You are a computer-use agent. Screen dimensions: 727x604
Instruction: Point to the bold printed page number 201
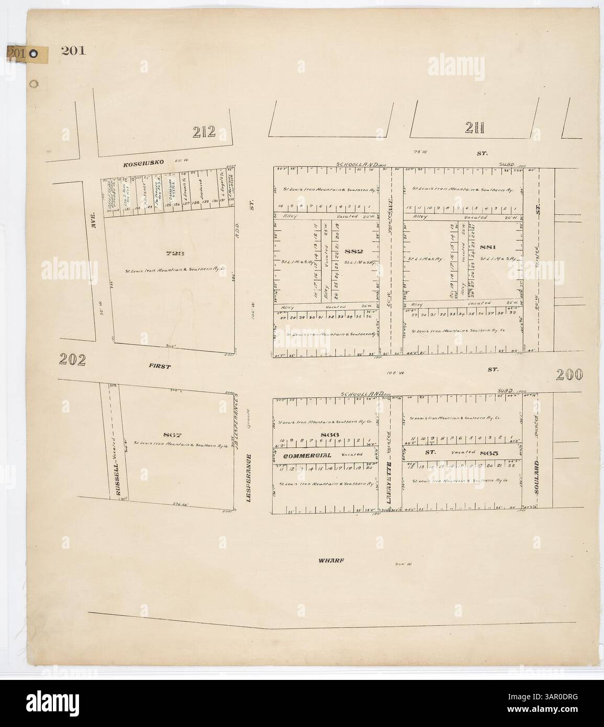73,51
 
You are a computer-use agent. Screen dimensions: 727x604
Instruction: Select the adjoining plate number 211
475,127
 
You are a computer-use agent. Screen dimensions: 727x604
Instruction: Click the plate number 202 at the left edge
72,360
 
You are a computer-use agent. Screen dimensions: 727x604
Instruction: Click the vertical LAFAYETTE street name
389,476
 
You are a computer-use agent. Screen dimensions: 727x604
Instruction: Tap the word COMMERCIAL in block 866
308,455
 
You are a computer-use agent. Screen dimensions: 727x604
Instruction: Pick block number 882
354,252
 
